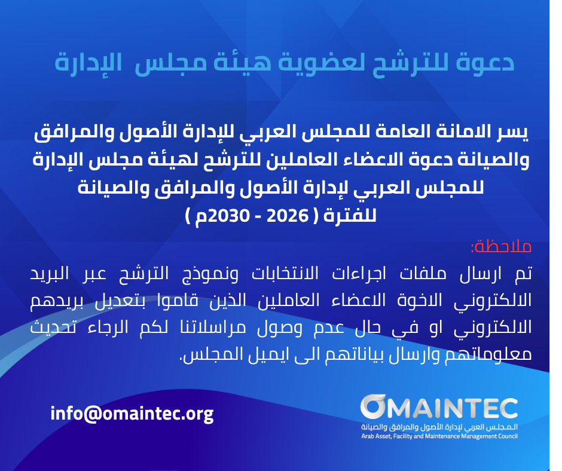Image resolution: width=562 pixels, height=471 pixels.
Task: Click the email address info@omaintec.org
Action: click(132, 414)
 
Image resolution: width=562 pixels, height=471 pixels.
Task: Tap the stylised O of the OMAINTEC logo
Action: click(373, 407)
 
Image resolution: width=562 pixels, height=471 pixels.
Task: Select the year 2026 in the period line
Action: click(288, 215)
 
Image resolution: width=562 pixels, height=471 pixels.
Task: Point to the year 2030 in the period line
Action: click(228, 215)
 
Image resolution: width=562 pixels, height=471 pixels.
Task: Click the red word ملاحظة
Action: click(501, 247)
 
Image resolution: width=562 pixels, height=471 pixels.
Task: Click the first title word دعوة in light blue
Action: click(485, 62)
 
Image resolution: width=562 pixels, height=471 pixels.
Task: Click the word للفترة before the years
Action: click(350, 215)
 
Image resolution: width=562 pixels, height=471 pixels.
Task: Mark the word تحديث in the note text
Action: click(53, 328)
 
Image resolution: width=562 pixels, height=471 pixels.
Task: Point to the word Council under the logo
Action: click(507, 436)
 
